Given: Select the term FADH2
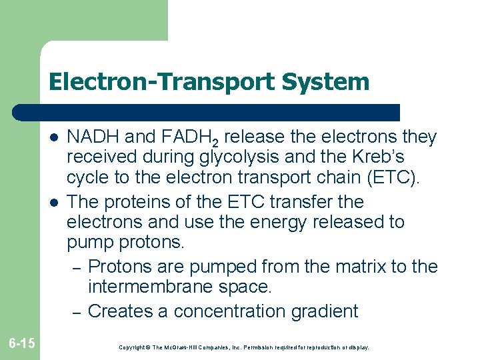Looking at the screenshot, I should click(x=189, y=138).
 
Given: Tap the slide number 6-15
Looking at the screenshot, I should click(x=22, y=343).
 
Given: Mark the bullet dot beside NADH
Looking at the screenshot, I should click(x=52, y=138).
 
